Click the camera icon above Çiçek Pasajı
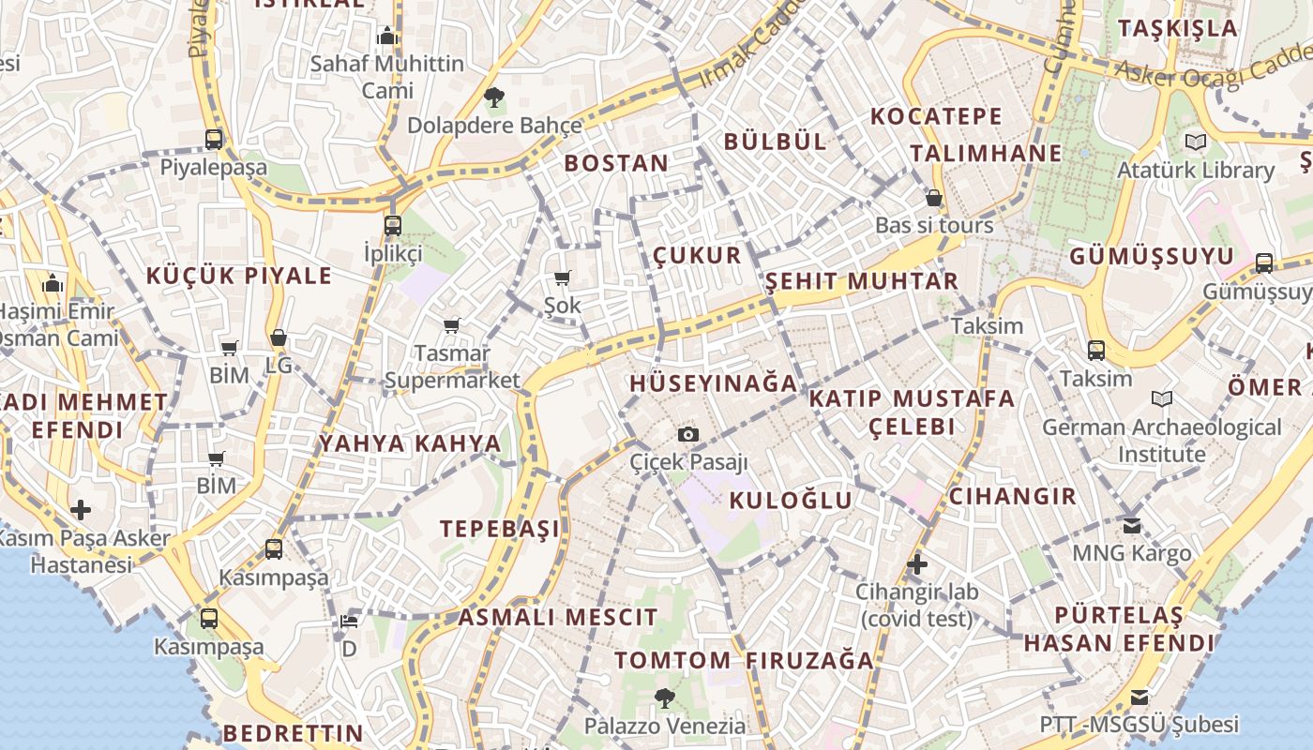[688, 434]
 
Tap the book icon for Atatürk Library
[1195, 142]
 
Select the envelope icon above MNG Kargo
[1132, 525]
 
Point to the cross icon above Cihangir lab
[917, 564]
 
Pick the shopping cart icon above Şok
[563, 277]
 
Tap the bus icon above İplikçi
[392, 225]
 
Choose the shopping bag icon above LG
[279, 337]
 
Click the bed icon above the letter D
[349, 621]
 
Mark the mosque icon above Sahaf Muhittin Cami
[387, 37]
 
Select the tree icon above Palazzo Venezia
[665, 697]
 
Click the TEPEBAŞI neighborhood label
[500, 529]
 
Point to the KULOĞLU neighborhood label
[791, 501]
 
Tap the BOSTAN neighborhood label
[616, 163]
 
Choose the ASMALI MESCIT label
[558, 618]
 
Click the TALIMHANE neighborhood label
[986, 153]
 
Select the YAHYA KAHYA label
[410, 443]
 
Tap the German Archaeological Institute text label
[1162, 441]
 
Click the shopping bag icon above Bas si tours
[934, 198]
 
